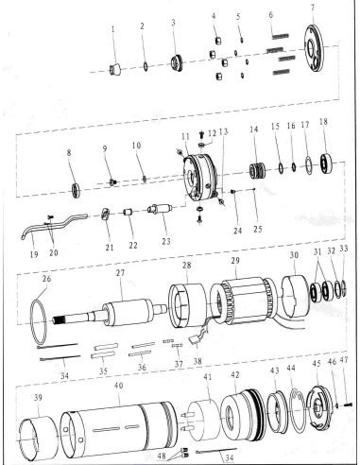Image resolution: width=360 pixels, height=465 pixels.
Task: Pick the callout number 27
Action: [120, 273]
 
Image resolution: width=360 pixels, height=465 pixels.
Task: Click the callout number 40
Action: [118, 387]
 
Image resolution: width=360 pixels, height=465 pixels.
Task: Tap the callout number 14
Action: [252, 128]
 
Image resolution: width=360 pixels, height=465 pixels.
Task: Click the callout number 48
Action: [161, 455]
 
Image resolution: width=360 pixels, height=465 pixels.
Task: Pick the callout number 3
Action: [174, 22]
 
